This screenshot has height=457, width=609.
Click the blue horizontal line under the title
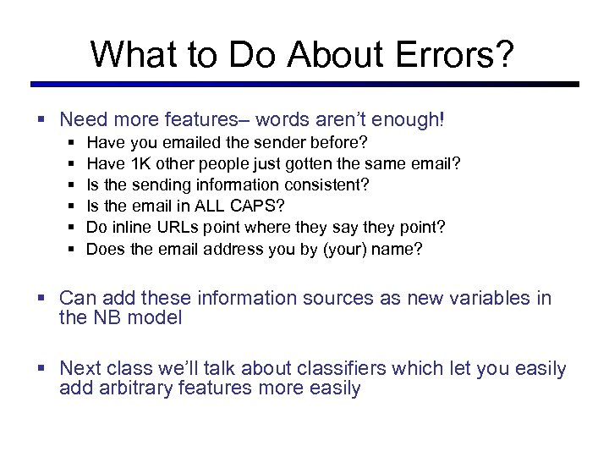point(304,84)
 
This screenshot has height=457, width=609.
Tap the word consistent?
point(326,184)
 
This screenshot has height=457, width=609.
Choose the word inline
point(130,227)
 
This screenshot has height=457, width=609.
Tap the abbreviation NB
point(106,317)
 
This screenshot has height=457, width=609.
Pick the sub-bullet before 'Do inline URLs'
point(72,228)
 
